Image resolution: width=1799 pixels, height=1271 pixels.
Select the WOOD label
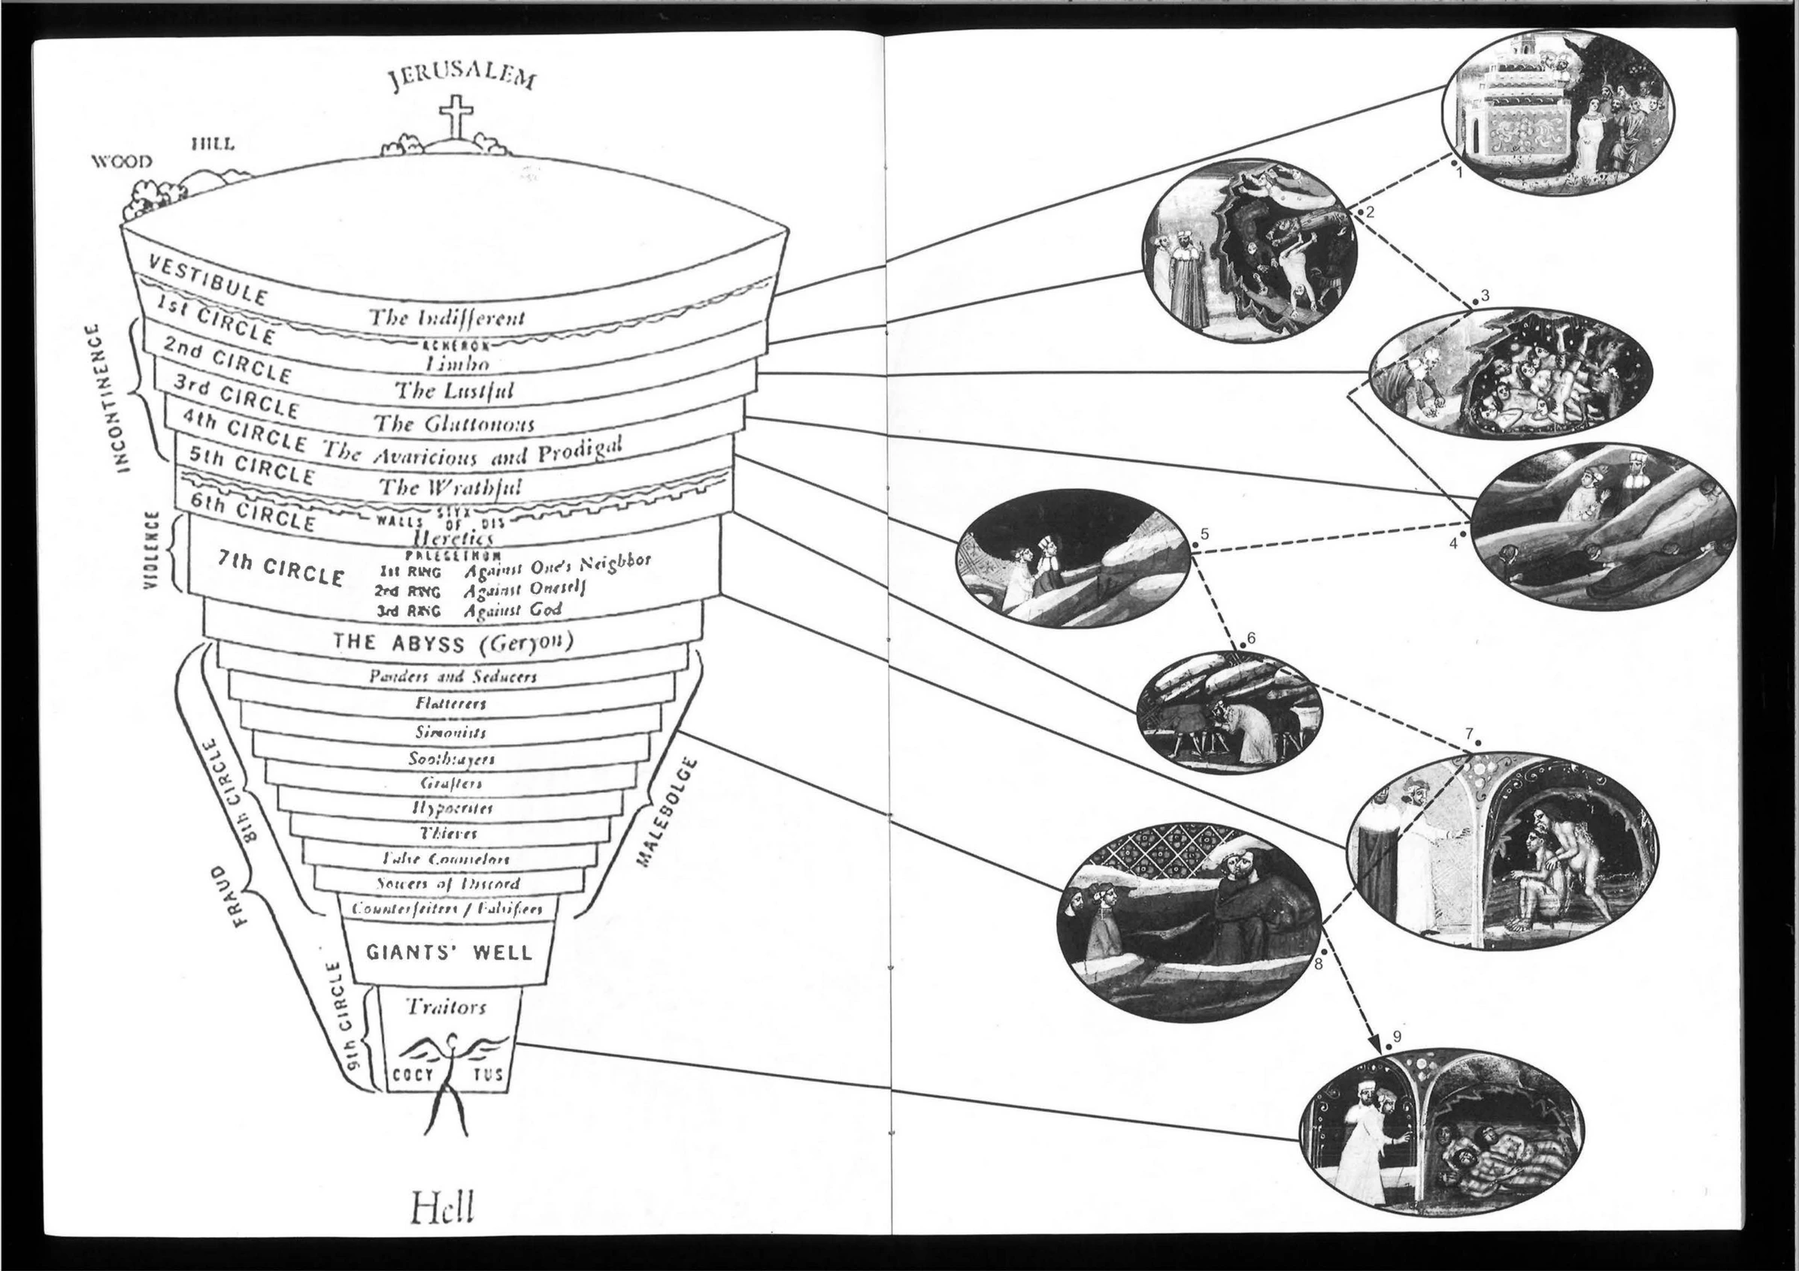(x=123, y=162)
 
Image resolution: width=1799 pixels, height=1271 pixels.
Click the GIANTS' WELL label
(x=449, y=952)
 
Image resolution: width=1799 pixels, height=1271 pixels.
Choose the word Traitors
(x=446, y=1007)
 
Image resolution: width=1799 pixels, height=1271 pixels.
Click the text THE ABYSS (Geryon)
(x=453, y=642)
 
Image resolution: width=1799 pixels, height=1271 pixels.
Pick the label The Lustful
(x=453, y=390)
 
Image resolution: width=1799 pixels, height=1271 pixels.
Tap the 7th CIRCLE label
(x=280, y=573)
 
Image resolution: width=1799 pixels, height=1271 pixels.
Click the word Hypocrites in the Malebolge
(x=451, y=808)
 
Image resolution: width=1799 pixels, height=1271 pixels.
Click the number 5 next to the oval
(x=1204, y=534)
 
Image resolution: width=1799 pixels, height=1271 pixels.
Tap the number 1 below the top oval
(x=1458, y=174)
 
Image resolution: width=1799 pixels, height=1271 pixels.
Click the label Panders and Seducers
(x=453, y=676)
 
